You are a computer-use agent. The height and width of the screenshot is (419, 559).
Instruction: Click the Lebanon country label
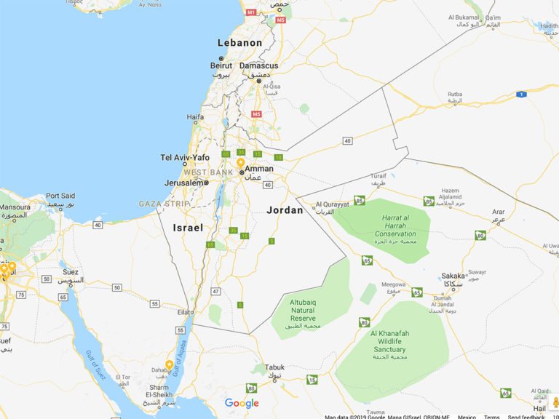(x=239, y=43)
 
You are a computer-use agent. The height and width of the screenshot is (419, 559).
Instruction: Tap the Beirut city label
(x=222, y=65)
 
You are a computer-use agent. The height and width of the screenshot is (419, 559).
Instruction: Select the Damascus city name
(x=259, y=65)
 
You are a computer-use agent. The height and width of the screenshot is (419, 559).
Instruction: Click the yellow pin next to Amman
(x=241, y=163)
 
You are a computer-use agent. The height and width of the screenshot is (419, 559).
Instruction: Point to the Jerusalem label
(x=184, y=183)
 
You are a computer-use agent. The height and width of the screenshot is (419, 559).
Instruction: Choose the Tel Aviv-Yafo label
(x=185, y=158)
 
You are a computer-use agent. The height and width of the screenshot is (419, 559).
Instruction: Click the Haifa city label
(x=195, y=116)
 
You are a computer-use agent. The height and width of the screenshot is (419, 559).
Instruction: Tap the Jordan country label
(x=285, y=210)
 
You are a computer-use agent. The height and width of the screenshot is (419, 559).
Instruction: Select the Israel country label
(x=188, y=228)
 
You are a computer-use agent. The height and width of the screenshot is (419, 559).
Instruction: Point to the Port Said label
(x=60, y=196)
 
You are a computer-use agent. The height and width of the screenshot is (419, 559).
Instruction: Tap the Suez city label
(x=71, y=272)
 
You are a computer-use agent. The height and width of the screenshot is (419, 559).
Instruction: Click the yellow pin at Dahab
(x=170, y=365)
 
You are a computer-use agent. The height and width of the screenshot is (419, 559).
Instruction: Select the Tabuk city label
(x=274, y=367)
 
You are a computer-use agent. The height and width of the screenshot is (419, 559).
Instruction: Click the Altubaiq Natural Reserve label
(x=303, y=310)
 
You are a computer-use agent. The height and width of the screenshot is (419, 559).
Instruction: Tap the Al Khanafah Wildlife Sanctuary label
(x=392, y=341)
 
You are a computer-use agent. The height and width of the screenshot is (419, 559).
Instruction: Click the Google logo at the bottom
(x=242, y=404)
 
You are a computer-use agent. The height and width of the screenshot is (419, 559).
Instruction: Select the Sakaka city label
(x=453, y=276)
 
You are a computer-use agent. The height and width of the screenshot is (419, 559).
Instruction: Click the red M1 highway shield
(x=251, y=12)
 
